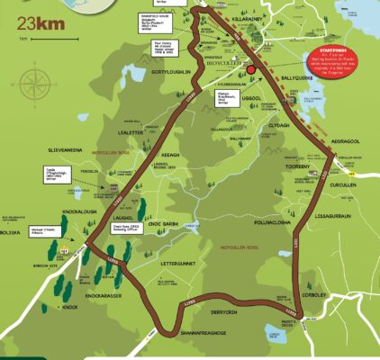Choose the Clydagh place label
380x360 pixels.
278,125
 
